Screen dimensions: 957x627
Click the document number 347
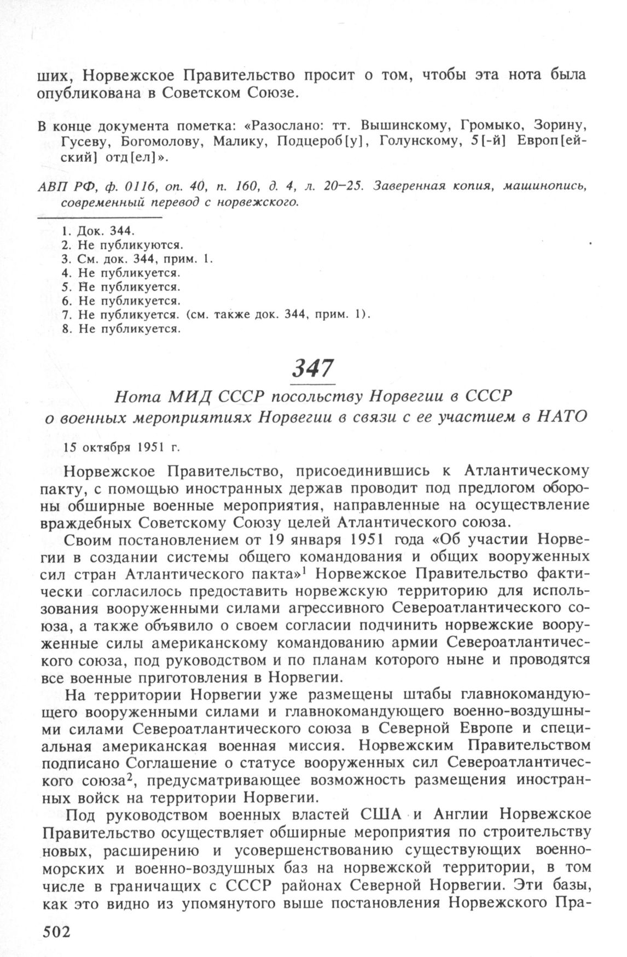click(x=312, y=370)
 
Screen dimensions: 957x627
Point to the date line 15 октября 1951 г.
click(x=121, y=446)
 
